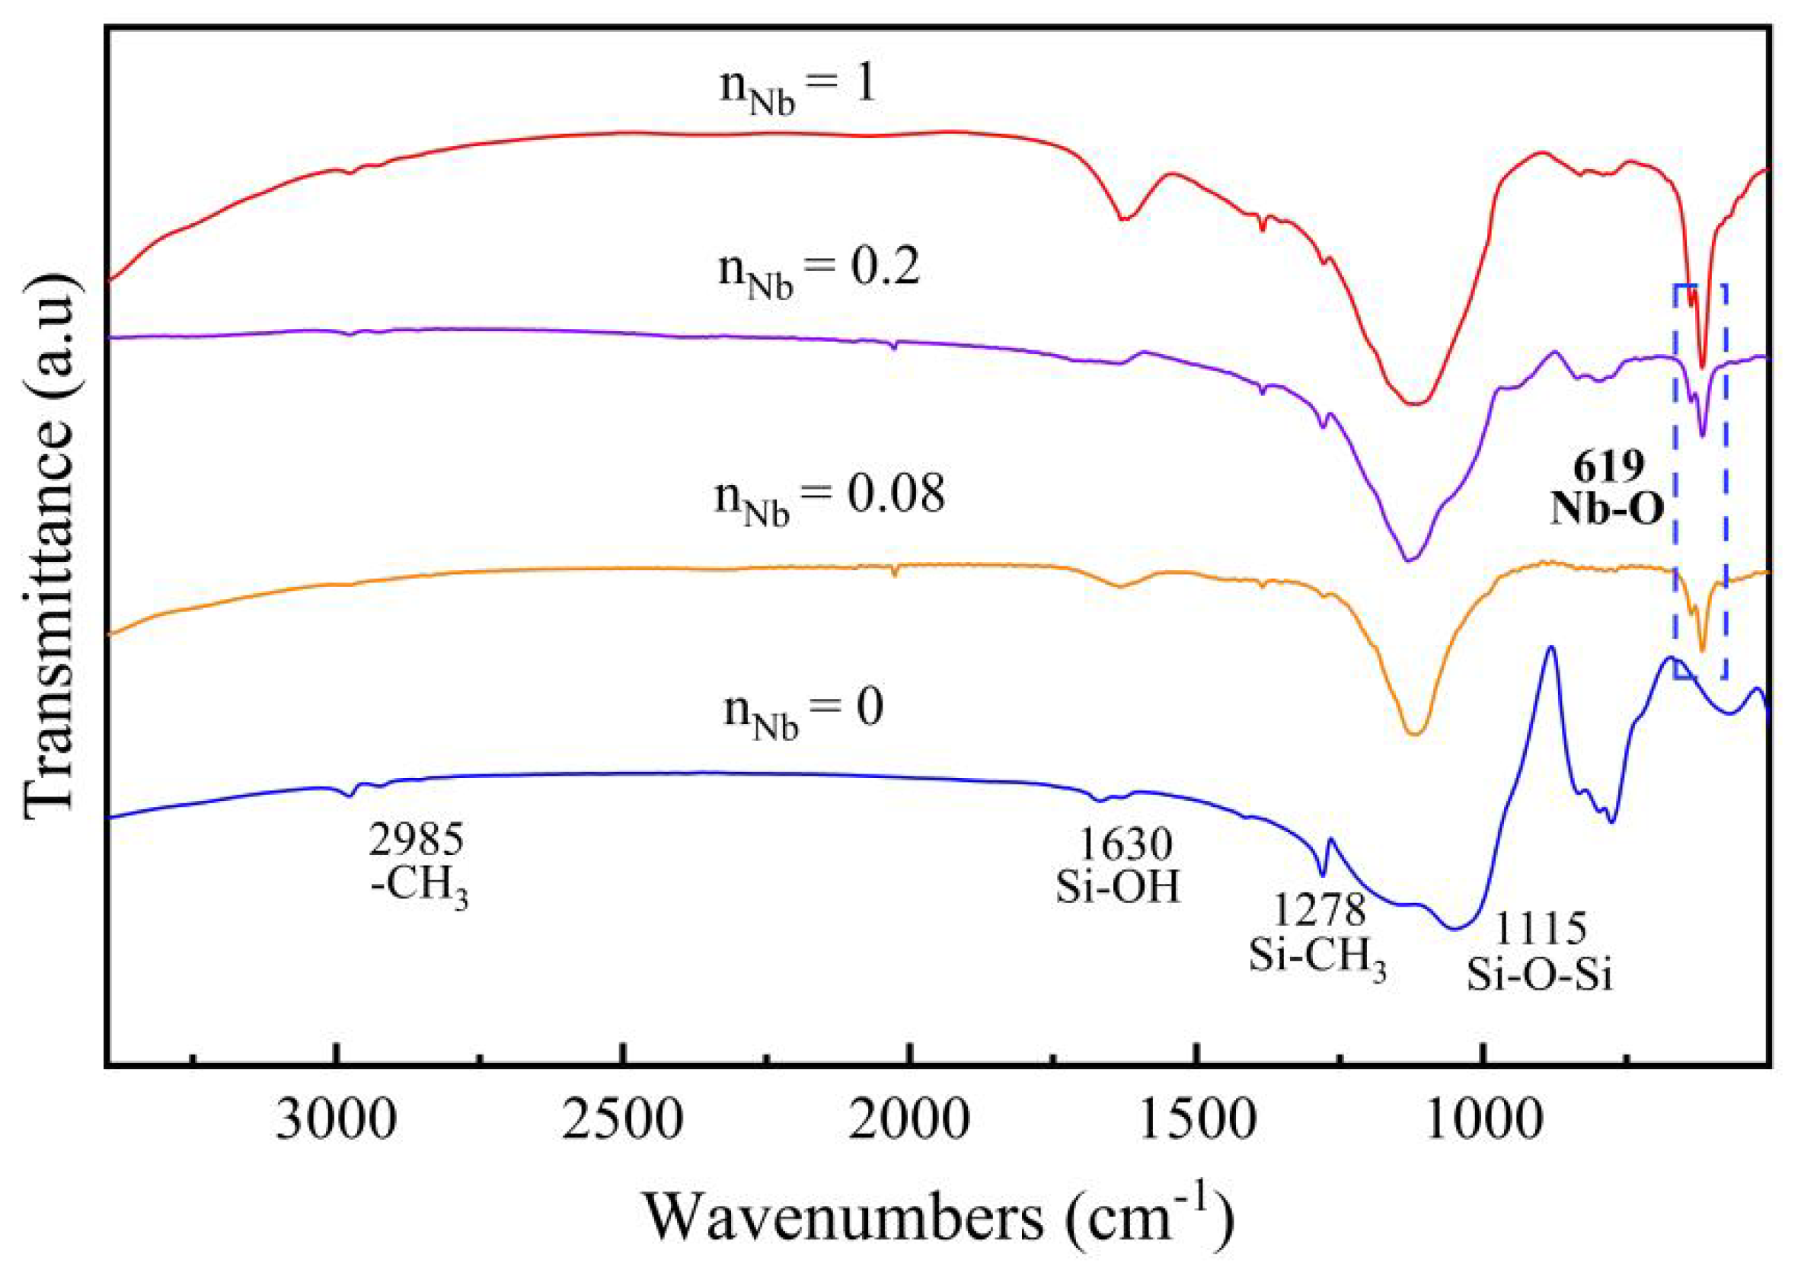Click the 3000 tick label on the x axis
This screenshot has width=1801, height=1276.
337,1121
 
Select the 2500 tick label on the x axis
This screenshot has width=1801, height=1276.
623,1121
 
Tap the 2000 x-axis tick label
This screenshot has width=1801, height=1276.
909,1121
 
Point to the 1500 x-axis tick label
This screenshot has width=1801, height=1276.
1195,1121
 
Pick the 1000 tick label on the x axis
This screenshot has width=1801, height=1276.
1482,1121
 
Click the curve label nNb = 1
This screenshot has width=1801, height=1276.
797,88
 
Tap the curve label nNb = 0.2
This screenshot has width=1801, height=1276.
818,272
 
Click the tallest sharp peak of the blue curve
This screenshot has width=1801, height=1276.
1550,649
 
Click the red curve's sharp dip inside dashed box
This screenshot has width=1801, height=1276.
1703,366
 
